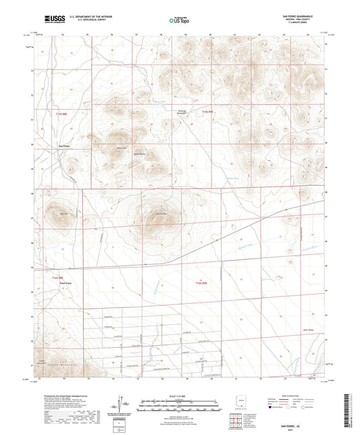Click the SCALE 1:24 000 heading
(180, 394)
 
